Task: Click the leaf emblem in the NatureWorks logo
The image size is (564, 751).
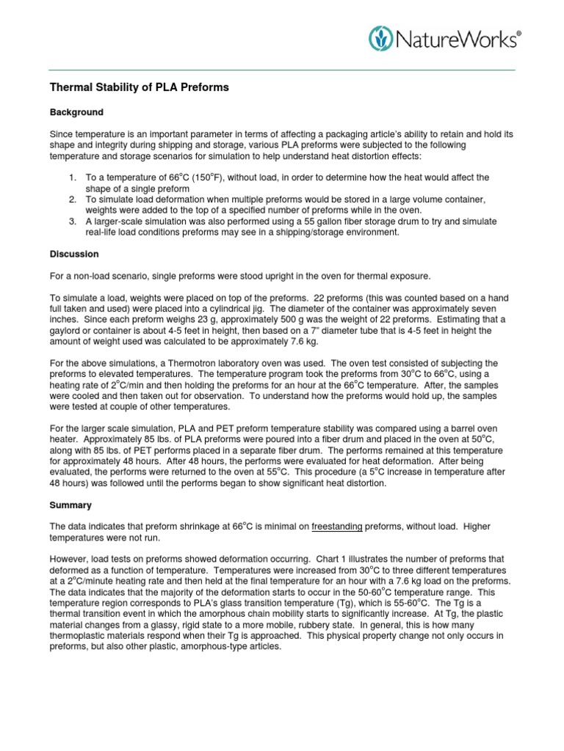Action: tap(380, 37)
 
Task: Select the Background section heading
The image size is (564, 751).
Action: tap(76, 112)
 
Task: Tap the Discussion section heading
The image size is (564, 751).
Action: tap(74, 254)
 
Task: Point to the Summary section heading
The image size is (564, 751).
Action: tap(71, 506)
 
